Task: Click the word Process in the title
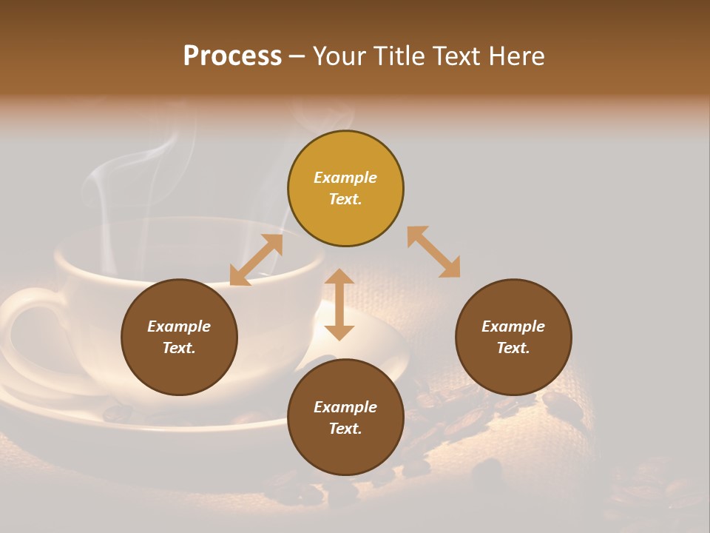click(x=232, y=56)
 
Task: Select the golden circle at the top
click(x=345, y=188)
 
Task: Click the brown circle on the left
click(x=179, y=337)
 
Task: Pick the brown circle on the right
click(x=513, y=337)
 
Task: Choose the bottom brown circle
click(x=345, y=418)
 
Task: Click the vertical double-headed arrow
click(x=339, y=304)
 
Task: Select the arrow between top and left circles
click(x=256, y=260)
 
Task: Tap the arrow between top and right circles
click(x=433, y=252)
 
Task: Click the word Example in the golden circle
click(x=345, y=178)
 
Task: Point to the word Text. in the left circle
click(x=179, y=348)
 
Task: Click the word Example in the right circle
click(x=513, y=326)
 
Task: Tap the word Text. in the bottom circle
click(x=345, y=429)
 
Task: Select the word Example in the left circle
click(x=179, y=326)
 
